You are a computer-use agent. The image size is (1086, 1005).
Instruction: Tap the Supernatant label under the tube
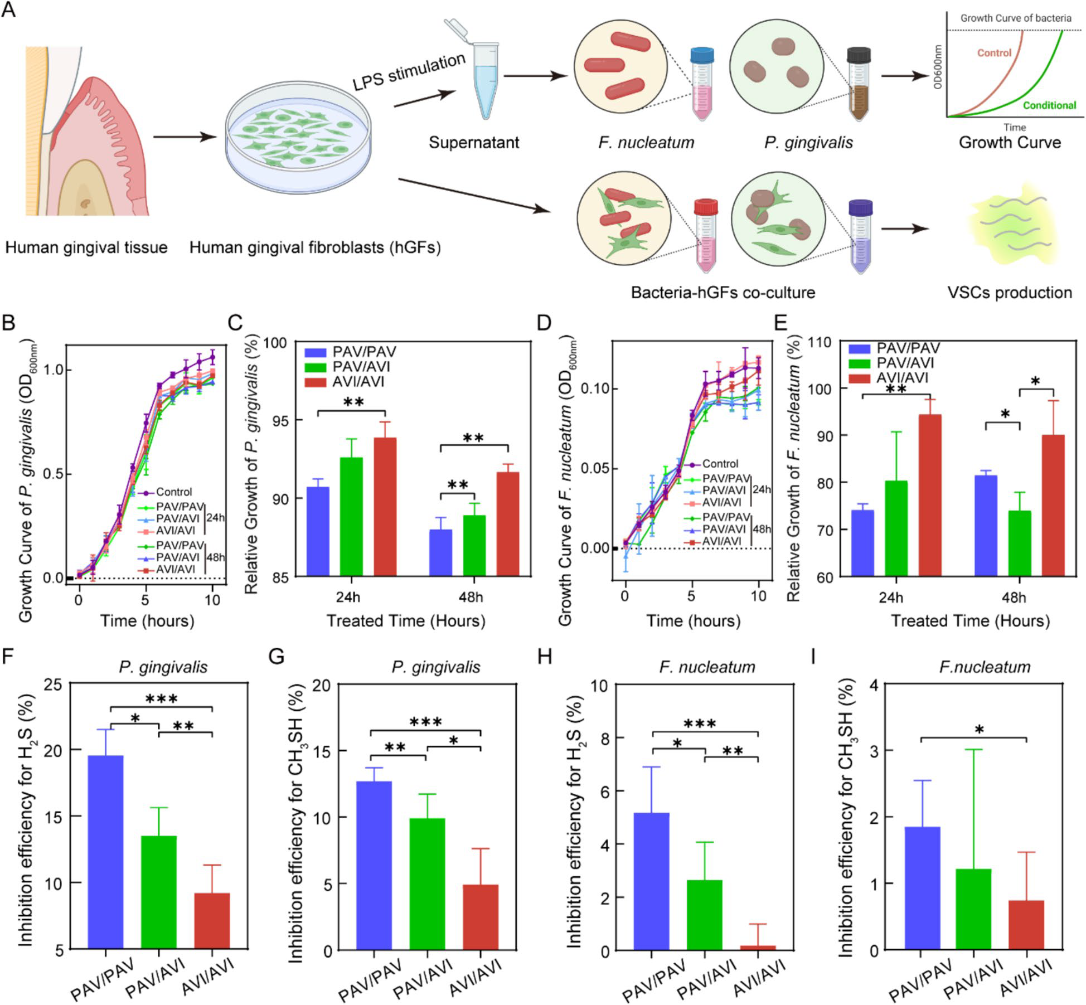pyautogui.click(x=474, y=143)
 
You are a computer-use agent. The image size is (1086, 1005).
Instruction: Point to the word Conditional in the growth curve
pyautogui.click(x=1049, y=105)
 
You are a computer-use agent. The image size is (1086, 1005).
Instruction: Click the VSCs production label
pyautogui.click(x=1010, y=293)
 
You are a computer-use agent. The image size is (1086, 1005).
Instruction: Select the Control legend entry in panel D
pyautogui.click(x=720, y=464)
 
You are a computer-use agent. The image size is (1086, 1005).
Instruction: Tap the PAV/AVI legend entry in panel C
pyautogui.click(x=361, y=367)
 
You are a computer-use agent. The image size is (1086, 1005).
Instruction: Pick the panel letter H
pyautogui.click(x=544, y=657)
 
